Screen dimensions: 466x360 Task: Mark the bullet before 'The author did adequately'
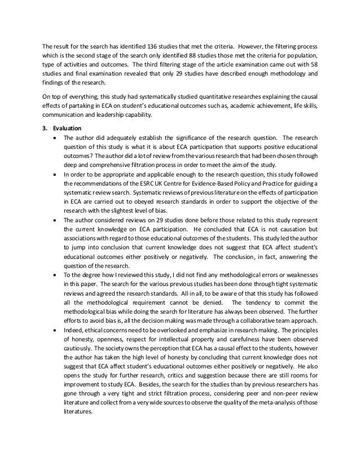coord(53,138)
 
